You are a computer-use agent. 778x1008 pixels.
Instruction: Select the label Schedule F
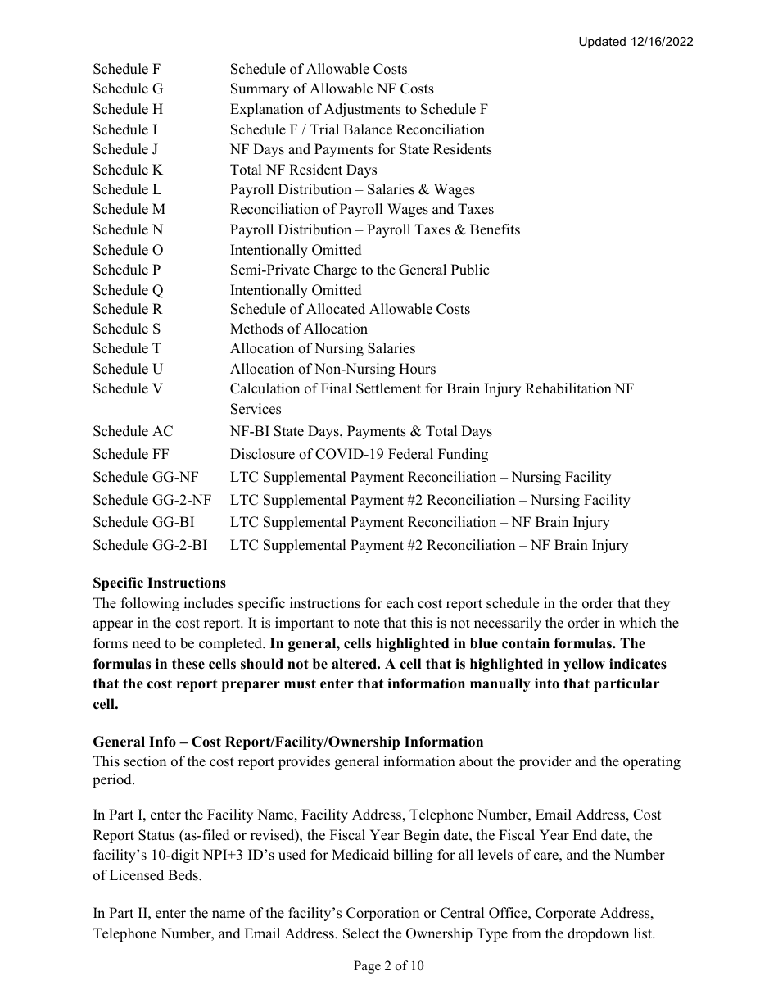tap(126, 70)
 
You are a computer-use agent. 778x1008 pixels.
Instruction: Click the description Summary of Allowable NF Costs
tap(332, 89)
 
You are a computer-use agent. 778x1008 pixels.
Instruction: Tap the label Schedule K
tap(127, 170)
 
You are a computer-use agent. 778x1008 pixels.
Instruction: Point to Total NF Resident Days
tap(303, 170)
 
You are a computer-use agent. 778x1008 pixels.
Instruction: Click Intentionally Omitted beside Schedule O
tap(295, 251)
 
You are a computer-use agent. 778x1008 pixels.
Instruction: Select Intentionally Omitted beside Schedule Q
tap(295, 291)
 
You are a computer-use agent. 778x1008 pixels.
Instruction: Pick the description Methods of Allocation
tap(298, 329)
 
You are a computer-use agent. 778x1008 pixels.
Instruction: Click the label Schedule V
tap(127, 389)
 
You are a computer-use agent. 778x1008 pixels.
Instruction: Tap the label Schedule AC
tap(133, 432)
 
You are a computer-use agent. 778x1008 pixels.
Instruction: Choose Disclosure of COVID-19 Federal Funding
tap(359, 455)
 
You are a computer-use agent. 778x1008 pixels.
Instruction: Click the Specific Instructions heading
tap(159, 583)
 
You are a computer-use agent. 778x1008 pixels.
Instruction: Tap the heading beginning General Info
tap(287, 742)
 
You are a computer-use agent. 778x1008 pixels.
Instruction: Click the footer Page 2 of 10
tap(389, 967)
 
